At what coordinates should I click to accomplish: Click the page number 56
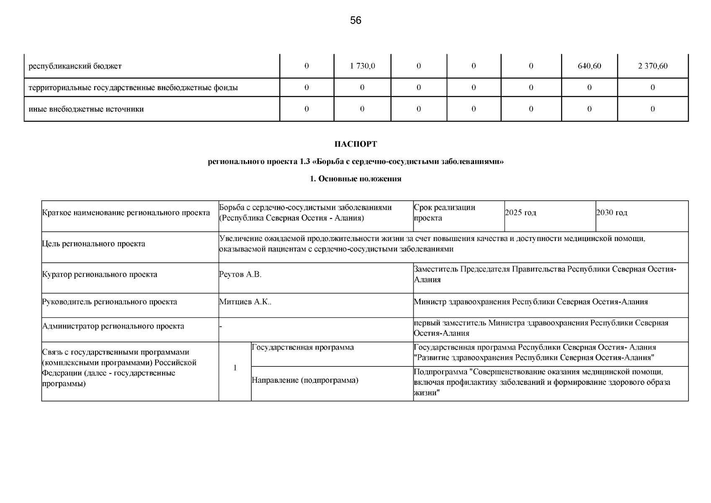click(355, 21)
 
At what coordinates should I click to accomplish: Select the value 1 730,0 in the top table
click(362, 66)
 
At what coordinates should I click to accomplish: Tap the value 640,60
click(589, 66)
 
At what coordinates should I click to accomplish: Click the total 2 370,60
click(653, 66)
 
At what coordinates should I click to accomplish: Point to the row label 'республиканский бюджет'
click(75, 66)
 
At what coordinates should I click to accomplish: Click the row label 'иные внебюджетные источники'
click(86, 109)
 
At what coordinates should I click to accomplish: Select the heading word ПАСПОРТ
click(355, 144)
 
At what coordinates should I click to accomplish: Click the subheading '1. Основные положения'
click(355, 179)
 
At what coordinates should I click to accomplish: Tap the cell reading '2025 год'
click(520, 213)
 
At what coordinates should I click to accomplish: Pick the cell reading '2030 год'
click(612, 213)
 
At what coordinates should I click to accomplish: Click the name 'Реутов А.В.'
click(240, 275)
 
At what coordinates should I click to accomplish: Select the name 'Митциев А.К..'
click(245, 302)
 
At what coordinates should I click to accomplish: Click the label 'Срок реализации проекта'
click(444, 213)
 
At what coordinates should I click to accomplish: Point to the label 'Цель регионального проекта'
click(94, 244)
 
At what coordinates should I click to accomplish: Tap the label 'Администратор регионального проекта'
click(113, 326)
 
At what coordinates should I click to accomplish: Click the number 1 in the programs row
click(235, 368)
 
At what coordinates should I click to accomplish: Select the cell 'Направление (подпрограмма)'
click(305, 381)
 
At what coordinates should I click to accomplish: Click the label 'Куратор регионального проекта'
click(100, 275)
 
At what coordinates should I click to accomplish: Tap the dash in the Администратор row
click(221, 327)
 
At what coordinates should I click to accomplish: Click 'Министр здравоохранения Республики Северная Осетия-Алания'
click(531, 302)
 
